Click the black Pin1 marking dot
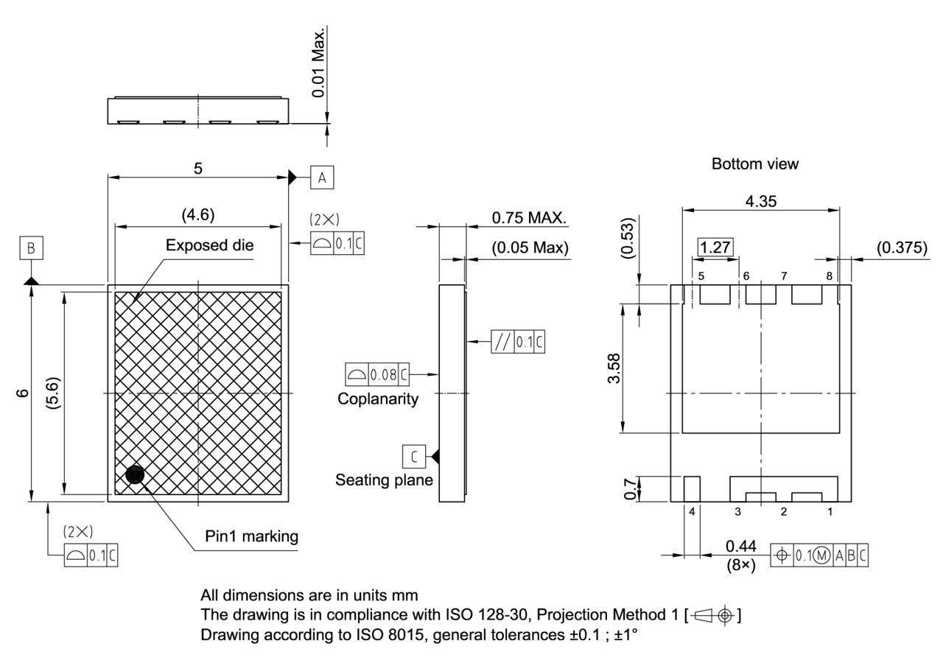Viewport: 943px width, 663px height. coord(135,475)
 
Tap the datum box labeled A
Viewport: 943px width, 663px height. coord(322,177)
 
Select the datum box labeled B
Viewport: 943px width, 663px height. coord(31,248)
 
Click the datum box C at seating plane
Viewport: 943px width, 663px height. coord(414,457)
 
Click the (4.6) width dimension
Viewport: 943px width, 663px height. coord(197,215)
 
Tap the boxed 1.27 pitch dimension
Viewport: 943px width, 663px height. coord(715,248)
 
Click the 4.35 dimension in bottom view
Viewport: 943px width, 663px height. coord(760,201)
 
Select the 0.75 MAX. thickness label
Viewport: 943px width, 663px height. coord(529,218)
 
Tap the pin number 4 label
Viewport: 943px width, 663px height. coord(692,511)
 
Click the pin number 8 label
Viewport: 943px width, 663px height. coord(829,276)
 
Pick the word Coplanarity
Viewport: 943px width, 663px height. coord(378,399)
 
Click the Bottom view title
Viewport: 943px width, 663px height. coord(754,164)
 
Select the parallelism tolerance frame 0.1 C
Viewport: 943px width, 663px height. coord(519,343)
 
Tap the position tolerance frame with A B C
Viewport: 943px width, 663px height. coord(819,555)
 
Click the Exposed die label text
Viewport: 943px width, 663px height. coord(209,245)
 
